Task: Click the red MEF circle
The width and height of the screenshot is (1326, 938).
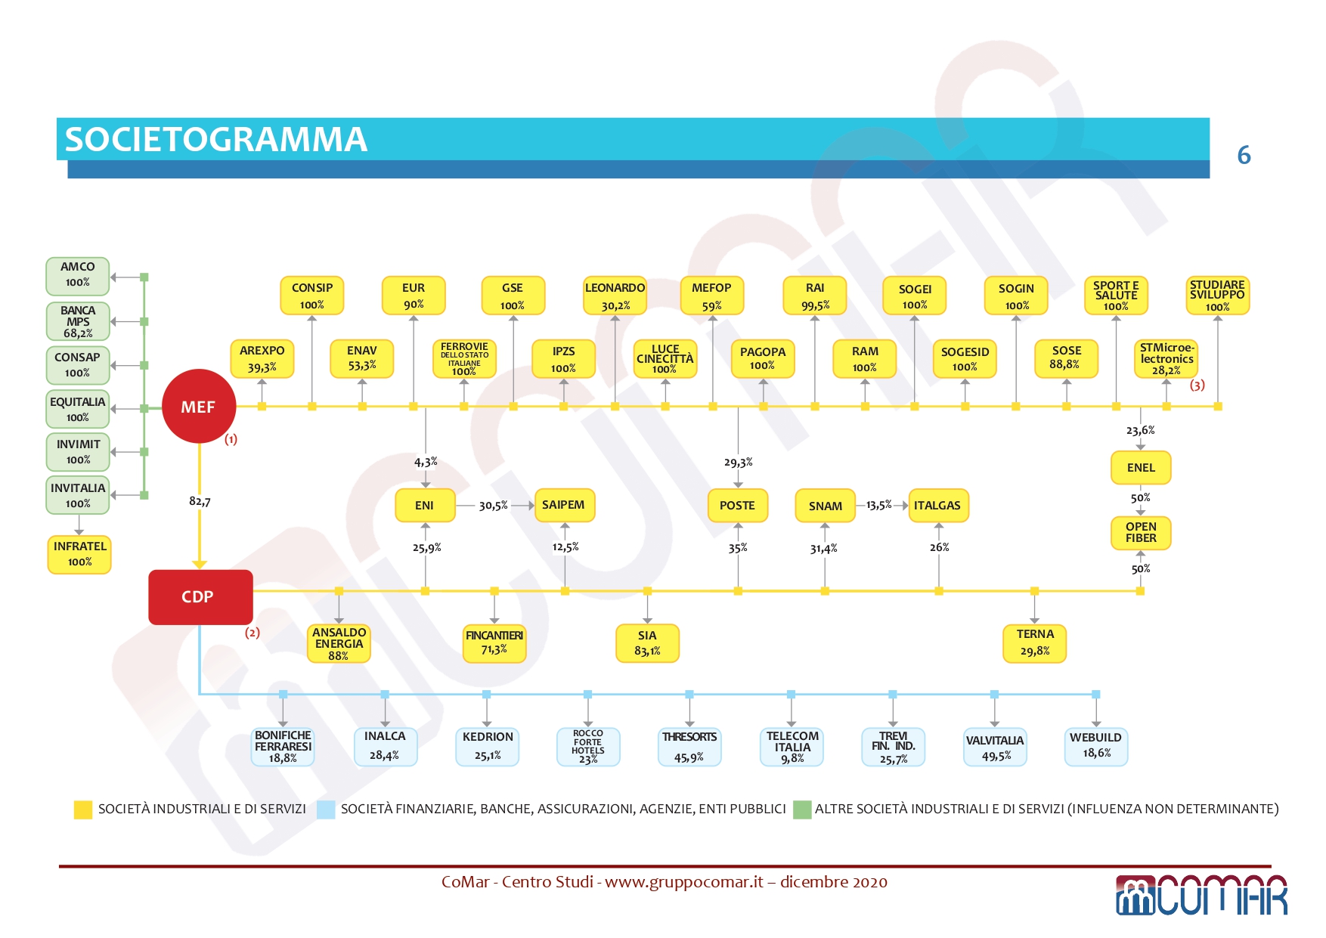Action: tap(199, 406)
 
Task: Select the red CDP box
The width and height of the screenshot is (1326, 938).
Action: tap(200, 597)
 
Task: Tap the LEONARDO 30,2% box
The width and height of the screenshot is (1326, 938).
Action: tap(615, 296)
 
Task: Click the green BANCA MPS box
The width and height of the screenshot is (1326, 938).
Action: tap(78, 321)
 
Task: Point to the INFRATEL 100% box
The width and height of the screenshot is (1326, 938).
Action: tap(79, 555)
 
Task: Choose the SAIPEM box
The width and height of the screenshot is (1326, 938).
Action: tap(565, 505)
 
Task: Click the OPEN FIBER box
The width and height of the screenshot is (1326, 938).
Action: tap(1141, 533)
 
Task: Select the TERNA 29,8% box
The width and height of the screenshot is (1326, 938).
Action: tap(1035, 643)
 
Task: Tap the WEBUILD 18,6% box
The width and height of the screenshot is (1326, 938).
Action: tap(1096, 746)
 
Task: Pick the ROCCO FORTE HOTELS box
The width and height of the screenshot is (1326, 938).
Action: tap(588, 747)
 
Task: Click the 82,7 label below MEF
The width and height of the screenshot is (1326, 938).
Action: tap(200, 501)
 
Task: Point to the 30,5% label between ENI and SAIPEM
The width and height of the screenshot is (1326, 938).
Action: tap(494, 506)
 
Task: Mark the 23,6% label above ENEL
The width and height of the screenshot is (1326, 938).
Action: tap(1141, 430)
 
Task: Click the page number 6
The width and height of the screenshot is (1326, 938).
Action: tap(1244, 155)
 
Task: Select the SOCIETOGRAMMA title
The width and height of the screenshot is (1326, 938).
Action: tap(216, 139)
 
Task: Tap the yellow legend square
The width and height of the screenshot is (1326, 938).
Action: tap(82, 810)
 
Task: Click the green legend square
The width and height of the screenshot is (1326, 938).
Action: tap(802, 810)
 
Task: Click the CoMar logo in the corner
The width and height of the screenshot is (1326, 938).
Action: tap(1201, 895)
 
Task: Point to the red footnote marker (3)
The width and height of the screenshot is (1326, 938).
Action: tap(1197, 385)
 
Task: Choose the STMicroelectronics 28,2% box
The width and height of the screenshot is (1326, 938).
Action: tap(1166, 359)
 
